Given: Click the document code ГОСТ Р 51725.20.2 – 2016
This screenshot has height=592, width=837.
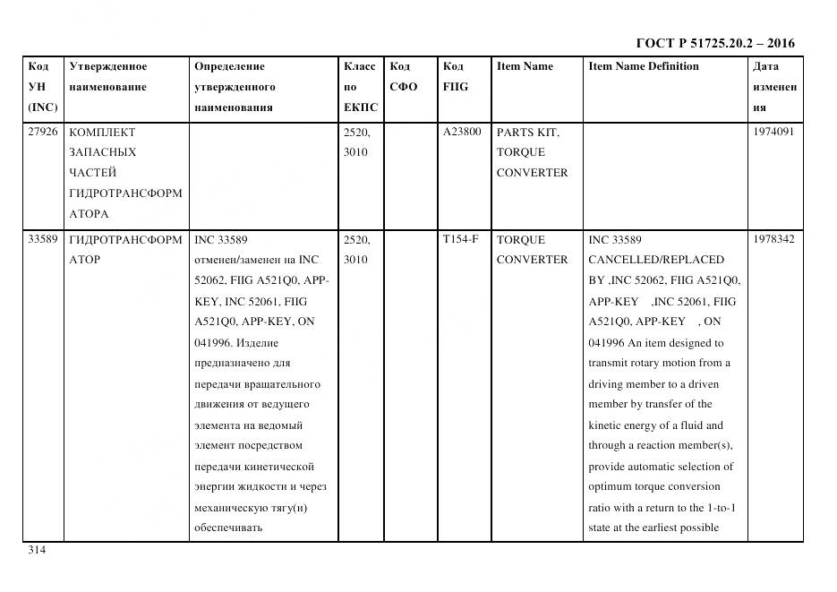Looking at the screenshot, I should [714, 43].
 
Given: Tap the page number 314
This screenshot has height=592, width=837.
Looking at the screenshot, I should [37, 550].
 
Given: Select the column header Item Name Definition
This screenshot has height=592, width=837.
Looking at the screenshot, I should [643, 66].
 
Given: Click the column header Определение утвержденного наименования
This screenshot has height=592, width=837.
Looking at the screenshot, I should [234, 87].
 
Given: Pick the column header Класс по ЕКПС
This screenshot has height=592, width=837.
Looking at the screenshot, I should [361, 87].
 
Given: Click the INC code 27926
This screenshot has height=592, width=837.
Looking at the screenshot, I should [43, 132].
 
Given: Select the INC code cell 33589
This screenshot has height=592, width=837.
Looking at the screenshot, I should [43, 239].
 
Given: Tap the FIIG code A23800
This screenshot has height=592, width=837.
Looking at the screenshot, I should [461, 132].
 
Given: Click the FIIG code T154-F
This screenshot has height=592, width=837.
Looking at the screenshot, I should [460, 239].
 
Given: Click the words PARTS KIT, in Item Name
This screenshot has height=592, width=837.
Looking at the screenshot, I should [527, 133].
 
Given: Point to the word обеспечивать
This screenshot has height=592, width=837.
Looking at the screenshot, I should [227, 528].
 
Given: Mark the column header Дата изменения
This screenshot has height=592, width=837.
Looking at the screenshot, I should [774, 87].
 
